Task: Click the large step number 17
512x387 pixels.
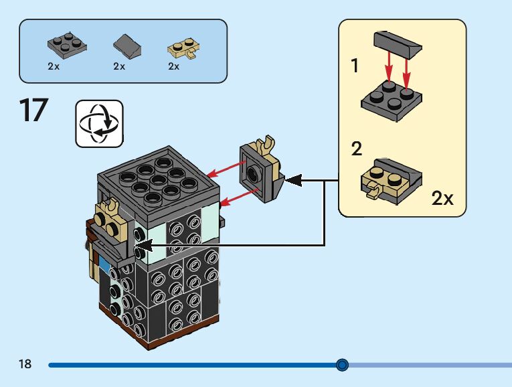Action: (x=34, y=110)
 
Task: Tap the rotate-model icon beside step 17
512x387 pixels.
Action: (x=99, y=123)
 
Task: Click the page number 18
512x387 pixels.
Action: (x=25, y=364)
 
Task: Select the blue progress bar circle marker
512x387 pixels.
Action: (x=342, y=365)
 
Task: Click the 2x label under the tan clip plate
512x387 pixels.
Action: (x=174, y=67)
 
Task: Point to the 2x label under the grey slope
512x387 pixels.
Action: (x=119, y=67)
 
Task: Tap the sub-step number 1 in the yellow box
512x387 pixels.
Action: (x=355, y=66)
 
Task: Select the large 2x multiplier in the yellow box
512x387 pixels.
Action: (x=442, y=198)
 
